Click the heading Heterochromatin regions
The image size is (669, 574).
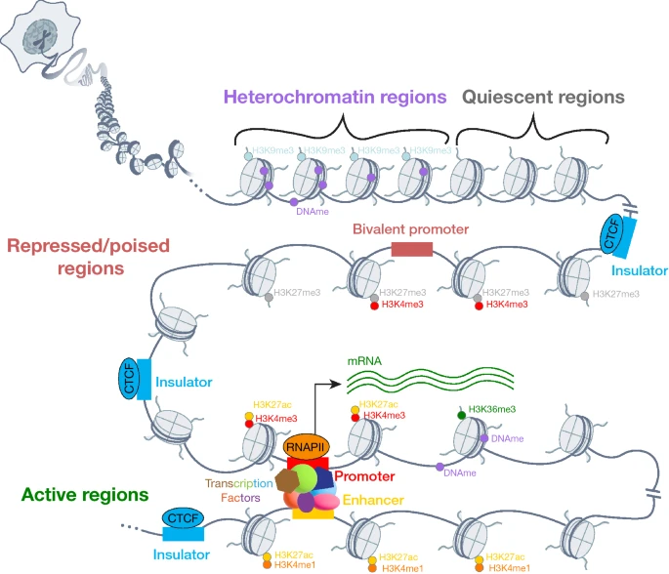tap(335, 98)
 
